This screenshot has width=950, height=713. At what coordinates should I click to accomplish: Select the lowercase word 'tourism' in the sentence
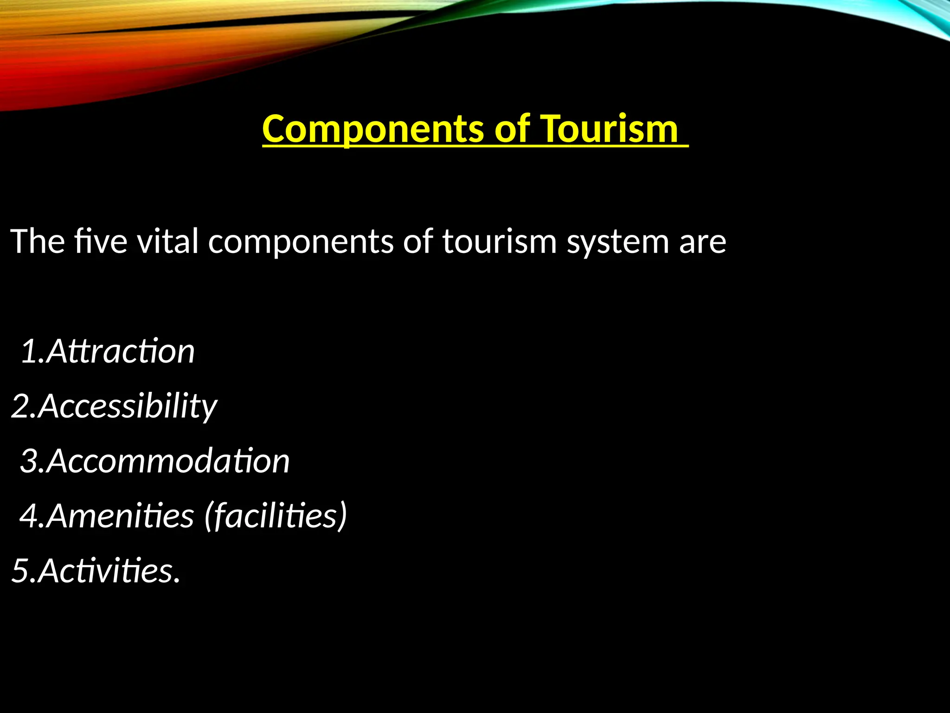pos(499,241)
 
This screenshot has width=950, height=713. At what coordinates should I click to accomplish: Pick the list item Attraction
pos(121,351)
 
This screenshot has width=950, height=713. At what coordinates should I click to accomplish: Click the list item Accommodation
pos(168,461)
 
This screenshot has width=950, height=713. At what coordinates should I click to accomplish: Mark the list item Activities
pos(109,570)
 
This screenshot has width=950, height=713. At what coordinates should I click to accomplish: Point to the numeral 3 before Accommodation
pos(29,461)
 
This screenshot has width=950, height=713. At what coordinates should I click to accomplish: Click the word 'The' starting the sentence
pos(38,241)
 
